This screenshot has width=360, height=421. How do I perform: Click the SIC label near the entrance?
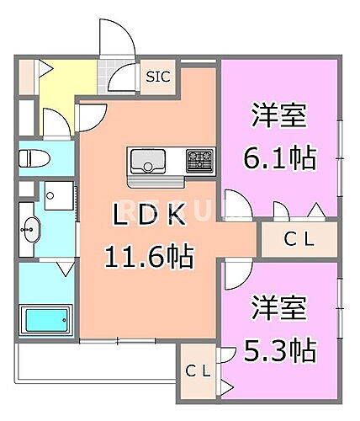pyautogui.click(x=157, y=77)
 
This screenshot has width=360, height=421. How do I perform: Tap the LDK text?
pyautogui.click(x=147, y=216)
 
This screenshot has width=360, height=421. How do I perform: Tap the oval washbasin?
pyautogui.click(x=33, y=227)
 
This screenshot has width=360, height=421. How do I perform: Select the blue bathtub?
pyautogui.click(x=44, y=320)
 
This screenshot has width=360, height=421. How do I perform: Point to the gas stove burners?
pyautogui.click(x=200, y=158)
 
